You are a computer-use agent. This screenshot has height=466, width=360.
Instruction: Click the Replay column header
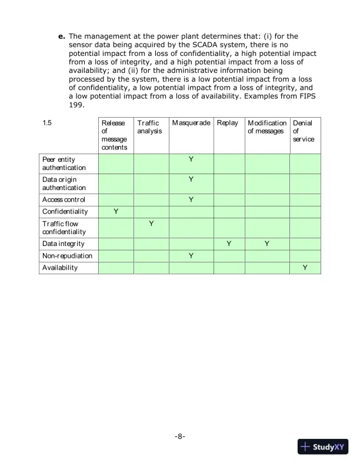[227, 123]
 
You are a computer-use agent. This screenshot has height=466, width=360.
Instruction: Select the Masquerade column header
[191, 123]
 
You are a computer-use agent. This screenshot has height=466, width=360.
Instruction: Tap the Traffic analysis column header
[148, 127]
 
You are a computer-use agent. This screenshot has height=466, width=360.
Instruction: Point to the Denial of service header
[304, 131]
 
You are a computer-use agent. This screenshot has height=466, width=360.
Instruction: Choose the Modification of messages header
[267, 127]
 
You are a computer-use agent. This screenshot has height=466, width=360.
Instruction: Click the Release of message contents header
[114, 135]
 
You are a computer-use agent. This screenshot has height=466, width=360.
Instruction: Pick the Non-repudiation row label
[67, 256]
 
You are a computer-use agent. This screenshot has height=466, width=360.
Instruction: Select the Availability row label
[60, 268]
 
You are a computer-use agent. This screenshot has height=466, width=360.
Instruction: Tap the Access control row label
[64, 199]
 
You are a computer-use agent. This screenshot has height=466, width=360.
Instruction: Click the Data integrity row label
[63, 244]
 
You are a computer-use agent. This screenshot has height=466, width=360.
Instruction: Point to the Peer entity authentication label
[64, 164]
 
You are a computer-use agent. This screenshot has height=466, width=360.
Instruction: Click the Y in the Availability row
[305, 268]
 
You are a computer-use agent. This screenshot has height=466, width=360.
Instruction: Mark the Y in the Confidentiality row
[116, 211]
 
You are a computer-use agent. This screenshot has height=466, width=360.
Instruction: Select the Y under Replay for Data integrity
[229, 244]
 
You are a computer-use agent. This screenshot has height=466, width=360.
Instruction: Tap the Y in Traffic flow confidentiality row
[151, 224]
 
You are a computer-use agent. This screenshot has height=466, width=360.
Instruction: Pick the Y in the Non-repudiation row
[191, 256]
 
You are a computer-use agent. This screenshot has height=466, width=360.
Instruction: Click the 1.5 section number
[47, 123]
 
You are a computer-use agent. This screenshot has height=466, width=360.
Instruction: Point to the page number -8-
[180, 437]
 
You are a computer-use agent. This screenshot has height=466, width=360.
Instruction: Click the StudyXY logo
[324, 447]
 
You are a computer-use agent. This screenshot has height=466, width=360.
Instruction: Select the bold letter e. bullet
[61, 36]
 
